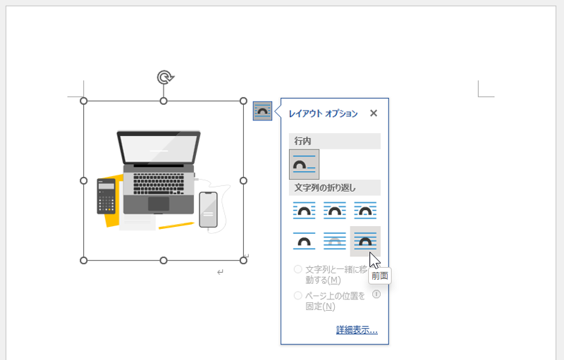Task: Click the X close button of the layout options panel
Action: click(x=374, y=113)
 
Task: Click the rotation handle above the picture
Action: click(x=165, y=77)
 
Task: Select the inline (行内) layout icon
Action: click(x=304, y=165)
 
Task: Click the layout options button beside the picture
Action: click(x=262, y=111)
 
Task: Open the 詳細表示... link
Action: click(x=357, y=330)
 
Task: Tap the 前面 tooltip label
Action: click(x=380, y=276)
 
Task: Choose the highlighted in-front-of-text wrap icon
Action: click(x=365, y=241)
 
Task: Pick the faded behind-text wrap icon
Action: click(x=334, y=241)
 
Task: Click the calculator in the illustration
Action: click(x=106, y=196)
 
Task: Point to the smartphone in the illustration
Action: click(x=208, y=210)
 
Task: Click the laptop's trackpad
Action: click(x=159, y=204)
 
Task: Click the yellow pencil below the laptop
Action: click(x=176, y=225)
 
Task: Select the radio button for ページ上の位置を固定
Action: click(x=298, y=296)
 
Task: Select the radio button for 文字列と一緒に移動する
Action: click(x=298, y=269)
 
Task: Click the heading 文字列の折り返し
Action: click(x=325, y=187)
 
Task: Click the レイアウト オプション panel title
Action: click(x=324, y=113)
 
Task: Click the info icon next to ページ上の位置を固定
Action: click(x=376, y=294)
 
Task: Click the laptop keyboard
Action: click(x=159, y=184)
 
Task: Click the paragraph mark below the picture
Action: click(x=220, y=273)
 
